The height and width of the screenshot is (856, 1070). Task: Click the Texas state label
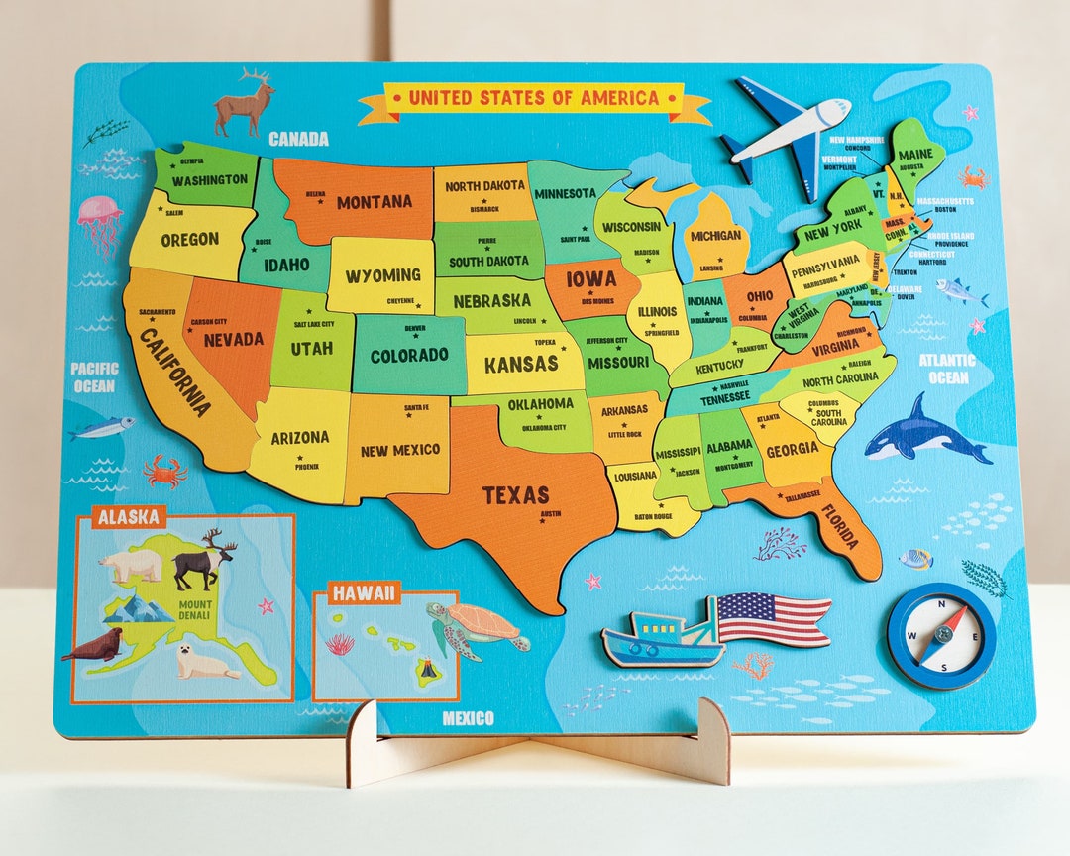coord(515,495)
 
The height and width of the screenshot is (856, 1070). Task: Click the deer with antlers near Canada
coord(244,103)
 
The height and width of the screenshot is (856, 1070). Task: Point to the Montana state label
coord(374,202)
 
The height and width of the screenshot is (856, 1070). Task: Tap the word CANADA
coord(298,139)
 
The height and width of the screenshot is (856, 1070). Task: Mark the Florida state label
coord(841,531)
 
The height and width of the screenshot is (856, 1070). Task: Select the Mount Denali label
coord(194,610)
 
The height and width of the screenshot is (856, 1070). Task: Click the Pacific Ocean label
coord(94,376)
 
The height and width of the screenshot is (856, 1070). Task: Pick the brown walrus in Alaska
coord(94,647)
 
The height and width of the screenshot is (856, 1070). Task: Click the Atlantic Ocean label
coord(946,368)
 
